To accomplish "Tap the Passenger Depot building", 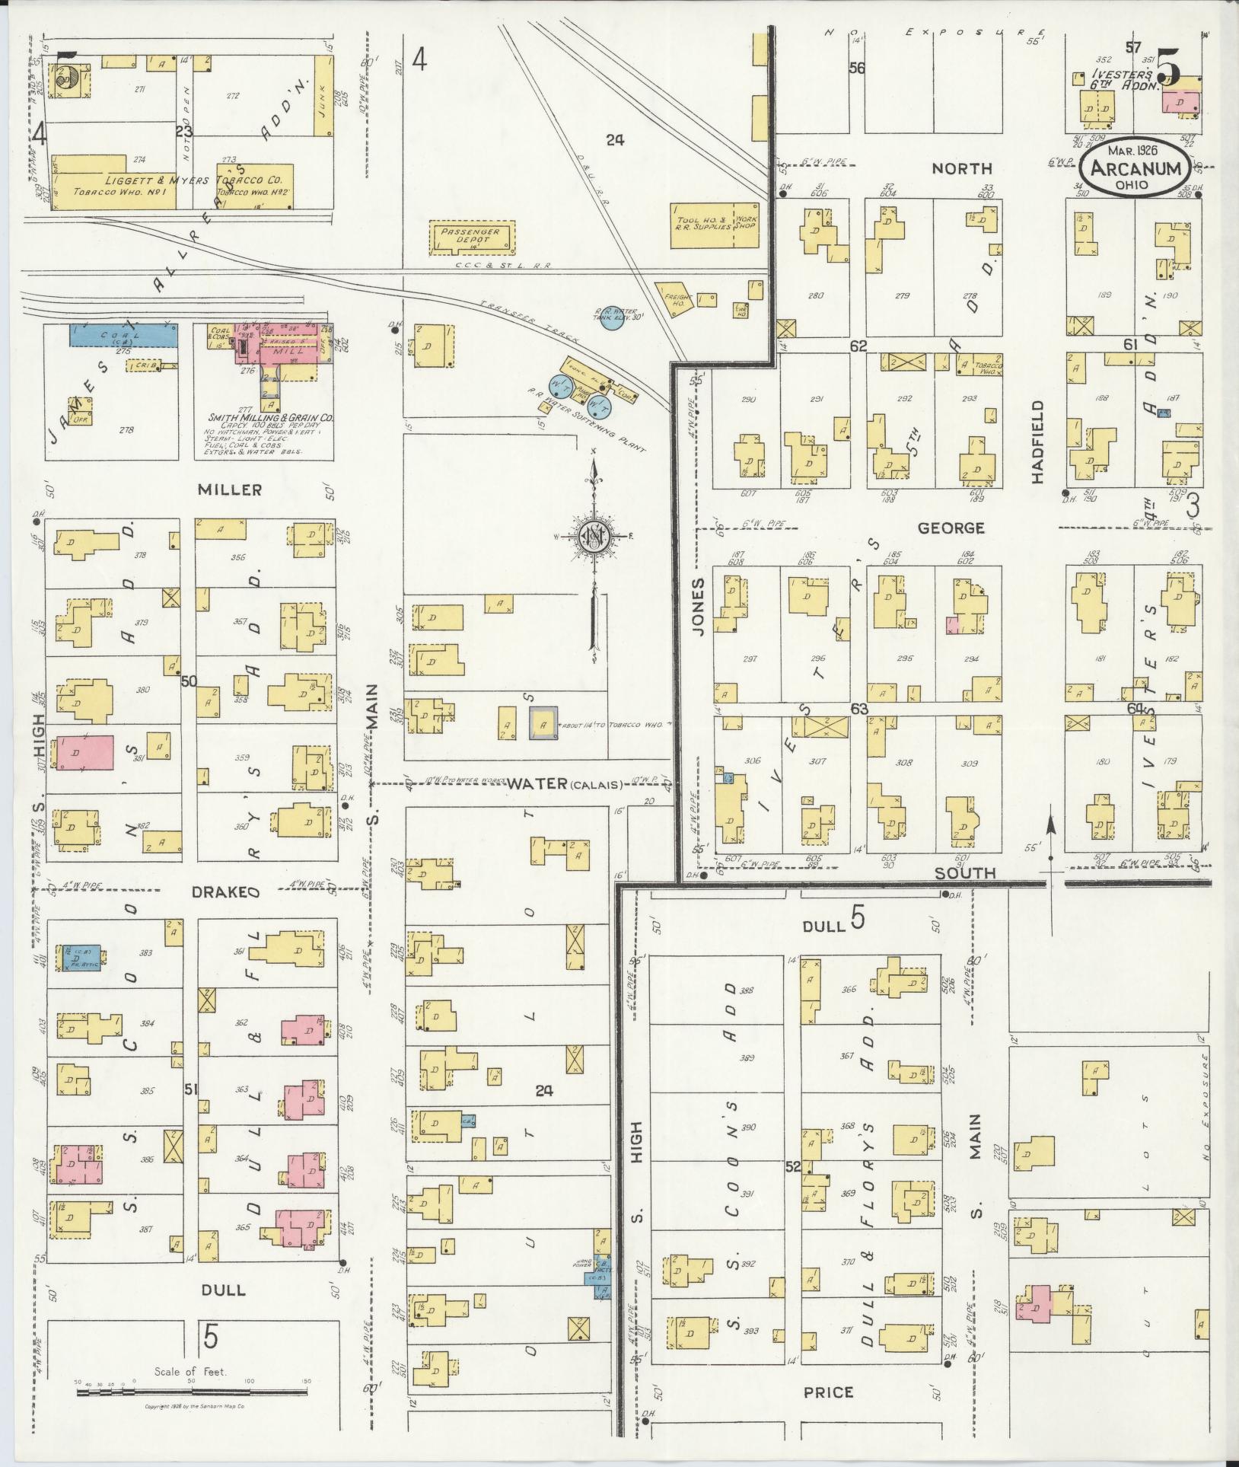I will point(473,239).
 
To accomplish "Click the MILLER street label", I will point(229,490).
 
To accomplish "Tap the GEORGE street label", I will point(951,528).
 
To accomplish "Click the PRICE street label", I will point(828,1393).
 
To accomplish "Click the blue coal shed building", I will point(123,335).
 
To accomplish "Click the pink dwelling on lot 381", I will point(82,755).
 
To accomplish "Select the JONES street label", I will point(699,606).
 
